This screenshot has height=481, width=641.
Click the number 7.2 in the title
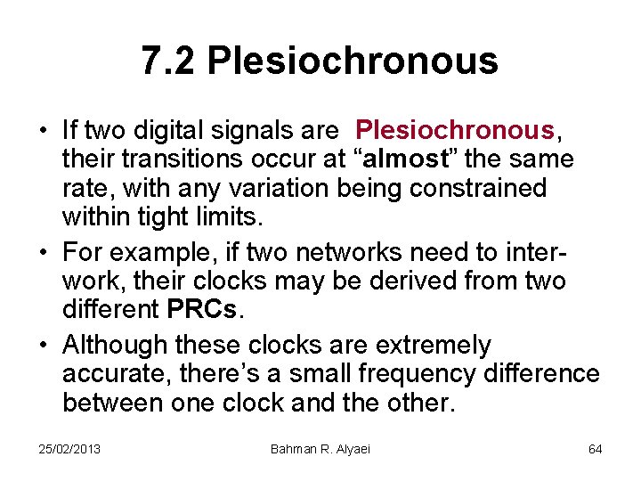(x=169, y=61)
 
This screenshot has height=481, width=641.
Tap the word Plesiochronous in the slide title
(x=353, y=61)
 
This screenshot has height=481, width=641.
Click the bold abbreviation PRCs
(x=202, y=311)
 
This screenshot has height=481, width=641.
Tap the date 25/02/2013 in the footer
(x=69, y=449)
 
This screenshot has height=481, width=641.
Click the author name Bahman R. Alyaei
(x=320, y=449)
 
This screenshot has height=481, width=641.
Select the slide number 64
(x=595, y=449)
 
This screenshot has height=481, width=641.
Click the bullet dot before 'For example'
(x=43, y=252)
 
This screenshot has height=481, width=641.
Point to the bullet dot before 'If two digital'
(x=43, y=131)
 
